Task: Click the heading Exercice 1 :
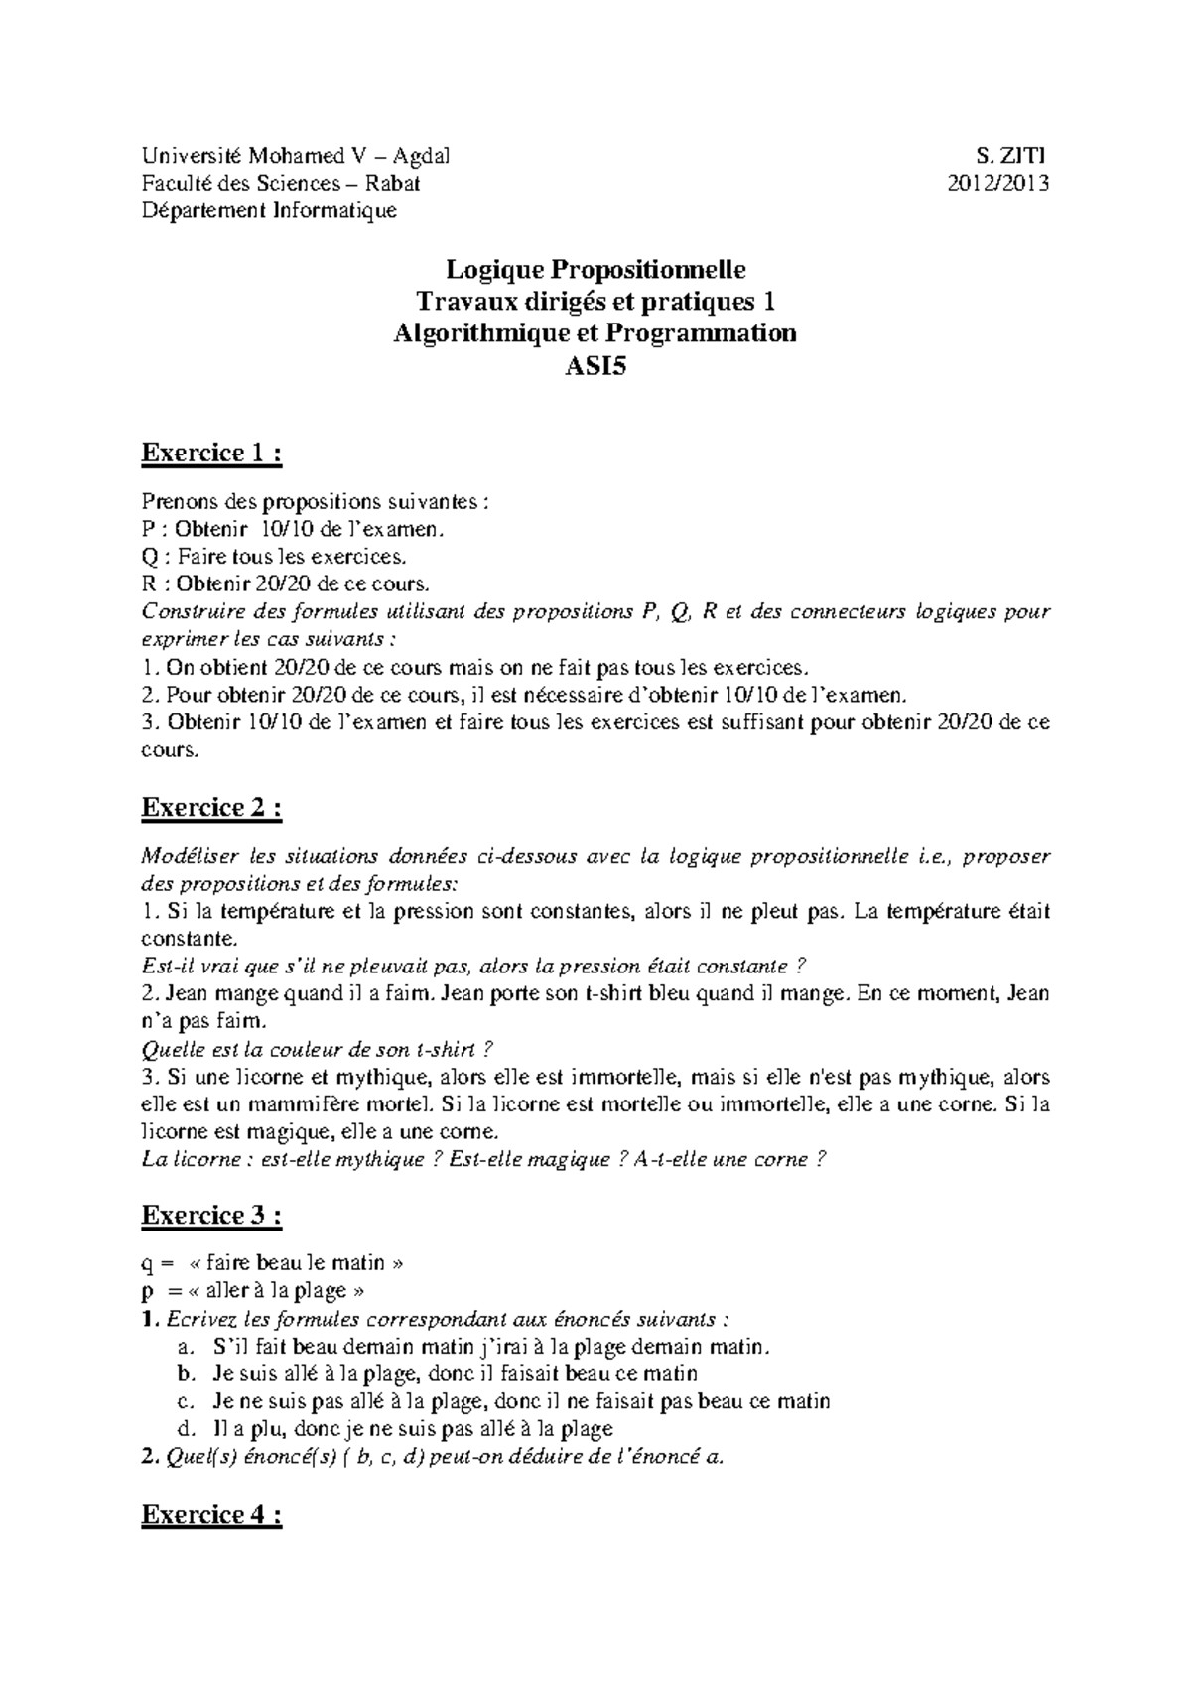click(212, 454)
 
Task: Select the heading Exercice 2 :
click(212, 808)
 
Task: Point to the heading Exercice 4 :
click(212, 1515)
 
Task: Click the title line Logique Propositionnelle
click(595, 269)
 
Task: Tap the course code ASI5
click(595, 365)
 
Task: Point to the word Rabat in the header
click(392, 183)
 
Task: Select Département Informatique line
click(269, 210)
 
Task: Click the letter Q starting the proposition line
click(150, 557)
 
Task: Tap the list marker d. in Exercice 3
click(183, 1429)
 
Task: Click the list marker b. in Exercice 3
click(183, 1374)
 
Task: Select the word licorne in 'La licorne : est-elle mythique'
click(198, 1159)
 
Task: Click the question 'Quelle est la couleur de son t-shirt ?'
click(318, 1049)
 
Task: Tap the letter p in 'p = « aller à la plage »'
click(149, 1292)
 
